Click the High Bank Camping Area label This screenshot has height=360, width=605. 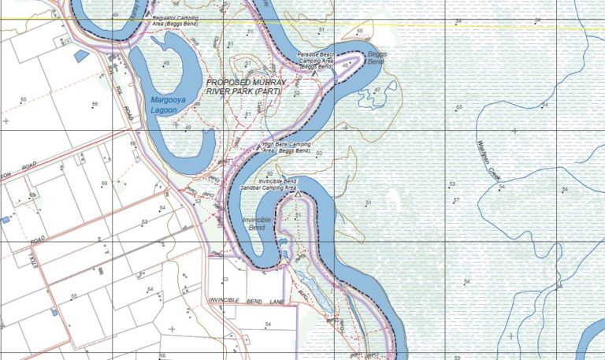coord(290,147)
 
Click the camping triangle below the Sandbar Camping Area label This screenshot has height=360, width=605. coord(299,193)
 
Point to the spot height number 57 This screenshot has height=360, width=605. coord(457,201)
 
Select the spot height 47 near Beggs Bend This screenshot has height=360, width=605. coord(378,89)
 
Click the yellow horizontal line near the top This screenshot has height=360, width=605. coord(473,24)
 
